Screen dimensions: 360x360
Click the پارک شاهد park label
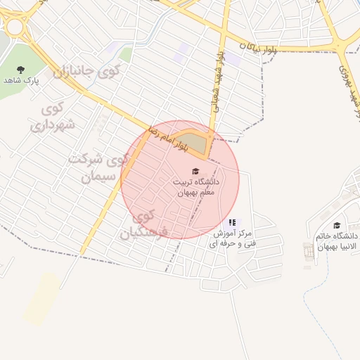[x=20, y=80]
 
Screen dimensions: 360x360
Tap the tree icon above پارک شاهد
[x=20, y=69]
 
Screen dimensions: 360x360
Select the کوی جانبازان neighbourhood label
[x=82, y=72]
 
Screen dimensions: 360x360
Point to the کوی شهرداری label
[x=48, y=117]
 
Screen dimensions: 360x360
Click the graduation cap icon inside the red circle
[x=195, y=172]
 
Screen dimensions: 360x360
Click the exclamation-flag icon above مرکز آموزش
[x=232, y=223]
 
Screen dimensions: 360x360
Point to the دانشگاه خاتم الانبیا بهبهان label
[x=339, y=241]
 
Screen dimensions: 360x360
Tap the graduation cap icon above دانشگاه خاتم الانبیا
[x=337, y=226]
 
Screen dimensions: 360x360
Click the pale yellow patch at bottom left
[x=42, y=299]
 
